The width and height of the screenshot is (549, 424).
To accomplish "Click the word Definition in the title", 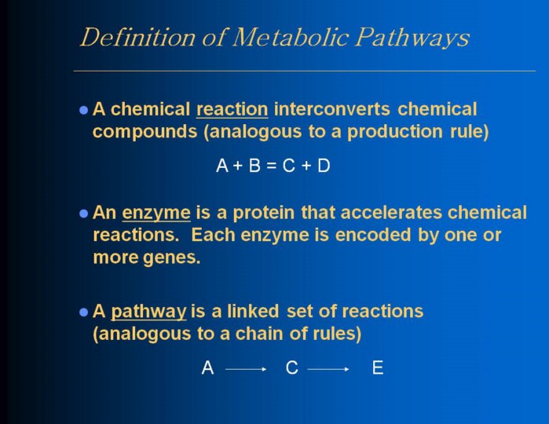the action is point(137,37).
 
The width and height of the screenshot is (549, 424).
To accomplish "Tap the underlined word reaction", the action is point(232,109).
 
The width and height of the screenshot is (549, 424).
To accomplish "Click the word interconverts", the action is point(332,109).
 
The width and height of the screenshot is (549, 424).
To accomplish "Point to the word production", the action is point(395,131).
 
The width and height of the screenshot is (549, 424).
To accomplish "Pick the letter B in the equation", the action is point(254,165).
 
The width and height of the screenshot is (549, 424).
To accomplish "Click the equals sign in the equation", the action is point(271,166).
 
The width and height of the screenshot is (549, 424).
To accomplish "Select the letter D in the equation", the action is point(324,165).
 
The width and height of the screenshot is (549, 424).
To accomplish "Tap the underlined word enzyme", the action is point(156,214).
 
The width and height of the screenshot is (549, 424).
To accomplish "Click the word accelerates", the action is point(391,213).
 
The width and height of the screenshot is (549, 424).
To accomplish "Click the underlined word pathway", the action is point(148,312).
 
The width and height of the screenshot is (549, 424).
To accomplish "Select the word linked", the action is point(253,311).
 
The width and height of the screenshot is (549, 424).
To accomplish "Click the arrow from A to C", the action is point(246,369).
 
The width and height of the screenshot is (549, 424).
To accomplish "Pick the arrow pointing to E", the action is point(328,369).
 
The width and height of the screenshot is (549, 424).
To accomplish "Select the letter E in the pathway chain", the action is point(378,368).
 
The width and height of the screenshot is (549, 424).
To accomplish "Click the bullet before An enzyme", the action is point(84,214).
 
